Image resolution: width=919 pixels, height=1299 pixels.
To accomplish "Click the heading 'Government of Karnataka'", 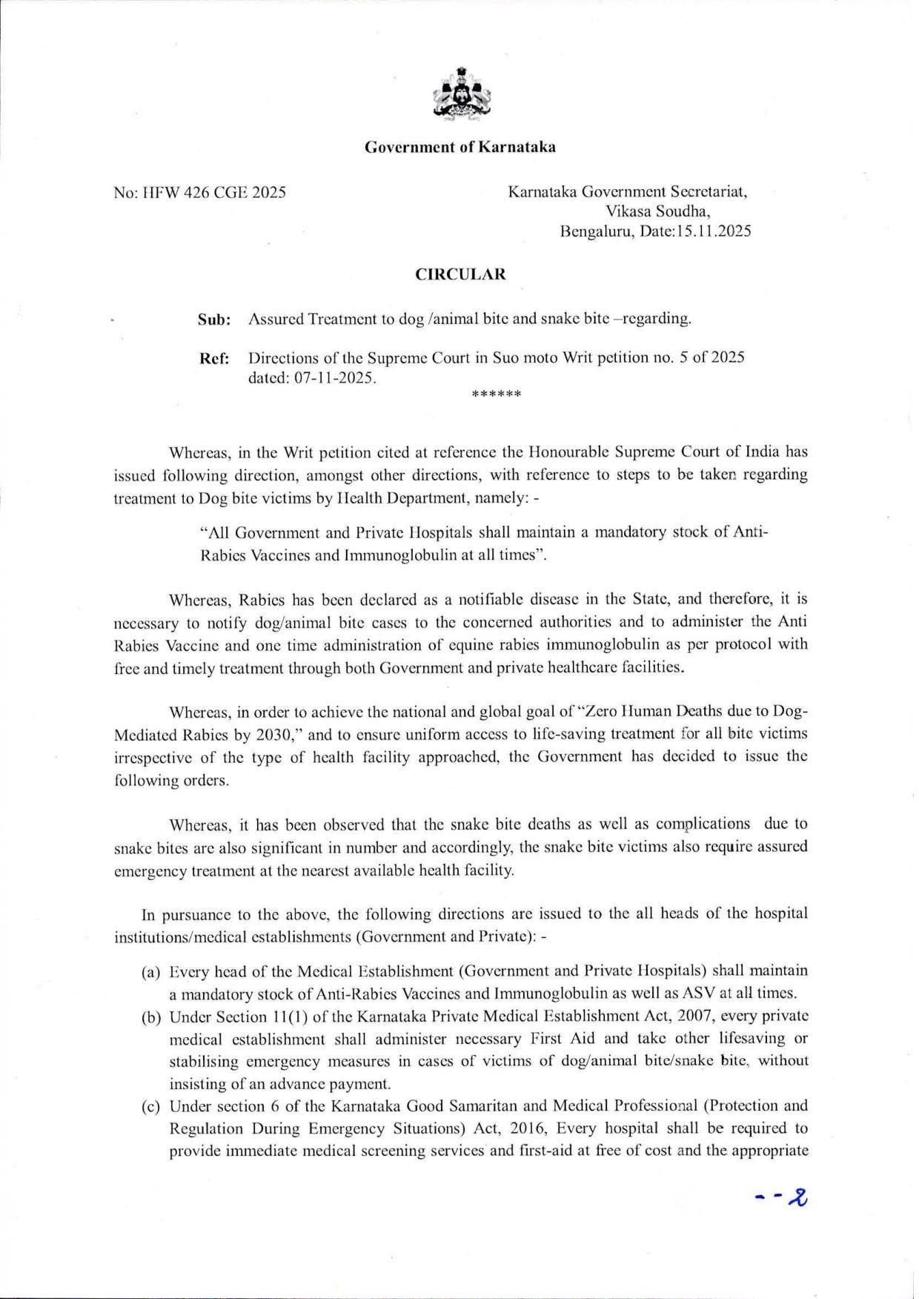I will pos(459,147).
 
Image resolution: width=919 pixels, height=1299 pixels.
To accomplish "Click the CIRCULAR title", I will pos(459,274).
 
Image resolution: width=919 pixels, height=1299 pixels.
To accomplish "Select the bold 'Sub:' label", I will pos(213,320).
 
